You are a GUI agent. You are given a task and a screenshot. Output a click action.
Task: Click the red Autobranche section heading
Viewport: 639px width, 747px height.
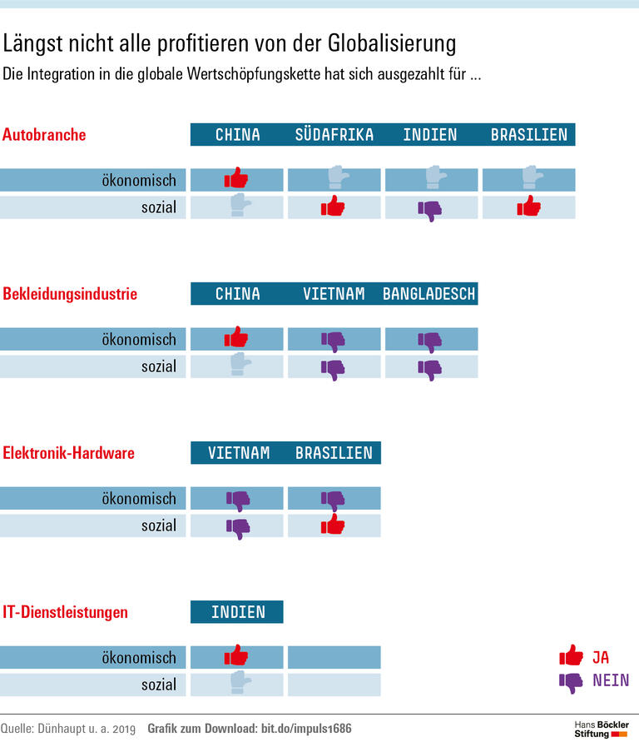pos(44,135)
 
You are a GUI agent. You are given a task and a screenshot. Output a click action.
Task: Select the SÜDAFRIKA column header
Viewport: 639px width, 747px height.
pos(334,135)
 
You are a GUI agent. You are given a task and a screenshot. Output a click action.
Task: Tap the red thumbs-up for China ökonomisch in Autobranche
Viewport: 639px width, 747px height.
pos(236,178)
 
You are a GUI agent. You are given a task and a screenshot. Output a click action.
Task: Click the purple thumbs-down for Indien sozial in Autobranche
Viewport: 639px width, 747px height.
pos(430,209)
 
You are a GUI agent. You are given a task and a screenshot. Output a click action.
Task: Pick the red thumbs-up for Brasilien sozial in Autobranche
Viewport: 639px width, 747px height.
pos(528,207)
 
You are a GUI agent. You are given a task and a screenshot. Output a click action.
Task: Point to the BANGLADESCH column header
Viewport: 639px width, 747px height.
pos(429,294)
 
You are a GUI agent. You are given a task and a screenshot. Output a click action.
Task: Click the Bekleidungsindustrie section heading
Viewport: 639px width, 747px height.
pos(70,294)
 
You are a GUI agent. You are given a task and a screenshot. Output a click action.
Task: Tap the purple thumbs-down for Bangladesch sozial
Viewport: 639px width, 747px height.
pos(430,368)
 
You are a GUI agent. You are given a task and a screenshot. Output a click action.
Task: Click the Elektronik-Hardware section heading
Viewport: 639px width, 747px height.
pos(68,453)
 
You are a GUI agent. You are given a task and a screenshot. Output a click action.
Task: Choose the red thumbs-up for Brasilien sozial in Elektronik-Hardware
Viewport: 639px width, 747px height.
pos(333,525)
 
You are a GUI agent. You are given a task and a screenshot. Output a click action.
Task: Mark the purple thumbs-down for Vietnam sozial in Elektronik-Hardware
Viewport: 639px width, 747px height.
pos(238,527)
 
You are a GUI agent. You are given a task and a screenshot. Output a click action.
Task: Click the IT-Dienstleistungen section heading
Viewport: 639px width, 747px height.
pos(65,612)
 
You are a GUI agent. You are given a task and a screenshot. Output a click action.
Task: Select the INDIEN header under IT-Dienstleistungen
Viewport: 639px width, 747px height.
pos(237,612)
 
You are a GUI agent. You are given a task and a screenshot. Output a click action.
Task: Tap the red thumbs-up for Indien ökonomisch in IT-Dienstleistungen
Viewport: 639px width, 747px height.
pos(236,655)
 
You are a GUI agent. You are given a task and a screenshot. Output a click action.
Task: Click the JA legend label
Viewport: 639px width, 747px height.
pos(601,657)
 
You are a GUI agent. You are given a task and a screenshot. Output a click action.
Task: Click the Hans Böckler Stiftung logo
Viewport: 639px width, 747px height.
pos(602,730)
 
